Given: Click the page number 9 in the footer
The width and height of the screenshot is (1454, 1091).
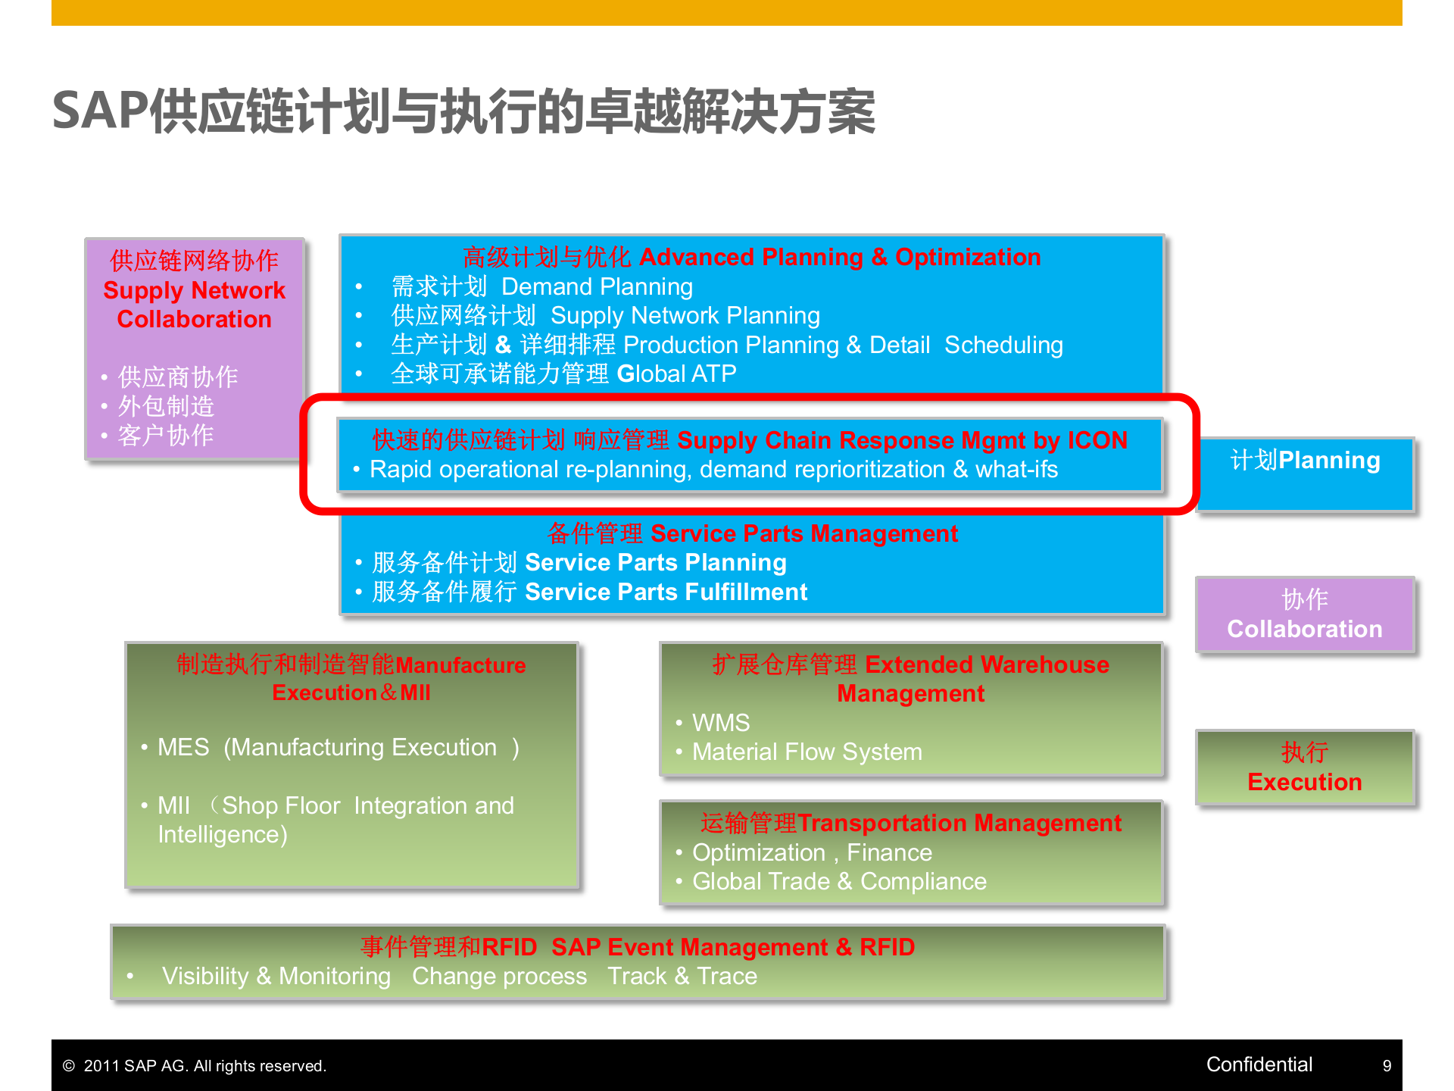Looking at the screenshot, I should click(x=1387, y=1065).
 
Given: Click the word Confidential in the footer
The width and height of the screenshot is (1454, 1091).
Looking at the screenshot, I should click(x=1259, y=1064).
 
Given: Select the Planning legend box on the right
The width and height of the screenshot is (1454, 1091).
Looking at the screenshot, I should click(x=1305, y=474).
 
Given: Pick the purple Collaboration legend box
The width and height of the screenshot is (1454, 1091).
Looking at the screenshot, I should click(x=1305, y=614).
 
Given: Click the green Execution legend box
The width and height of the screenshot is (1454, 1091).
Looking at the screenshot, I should click(x=1305, y=767).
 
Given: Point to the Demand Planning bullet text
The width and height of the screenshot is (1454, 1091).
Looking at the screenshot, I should click(x=597, y=287).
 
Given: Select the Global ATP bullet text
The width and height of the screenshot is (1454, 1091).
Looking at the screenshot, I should click(x=676, y=374).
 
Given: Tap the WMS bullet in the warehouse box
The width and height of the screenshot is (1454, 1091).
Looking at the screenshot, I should click(x=720, y=723).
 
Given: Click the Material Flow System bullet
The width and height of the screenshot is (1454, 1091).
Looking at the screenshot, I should click(x=807, y=752).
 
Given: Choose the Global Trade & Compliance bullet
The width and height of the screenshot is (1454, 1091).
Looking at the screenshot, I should click(x=839, y=882).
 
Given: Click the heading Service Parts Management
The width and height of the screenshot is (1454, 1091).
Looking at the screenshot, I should click(x=804, y=533).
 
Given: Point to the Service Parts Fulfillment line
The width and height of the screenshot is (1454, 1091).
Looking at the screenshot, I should click(x=666, y=592).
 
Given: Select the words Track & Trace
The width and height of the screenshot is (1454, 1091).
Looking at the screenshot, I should click(x=682, y=976).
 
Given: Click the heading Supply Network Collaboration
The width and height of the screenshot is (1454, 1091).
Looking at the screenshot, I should click(x=194, y=305).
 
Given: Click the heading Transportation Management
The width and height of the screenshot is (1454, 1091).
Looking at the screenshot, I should click(x=959, y=823).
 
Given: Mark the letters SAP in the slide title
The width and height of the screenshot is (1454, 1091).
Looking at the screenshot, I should click(x=100, y=111).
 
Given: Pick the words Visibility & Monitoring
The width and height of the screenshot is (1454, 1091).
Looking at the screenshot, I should click(x=276, y=976).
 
